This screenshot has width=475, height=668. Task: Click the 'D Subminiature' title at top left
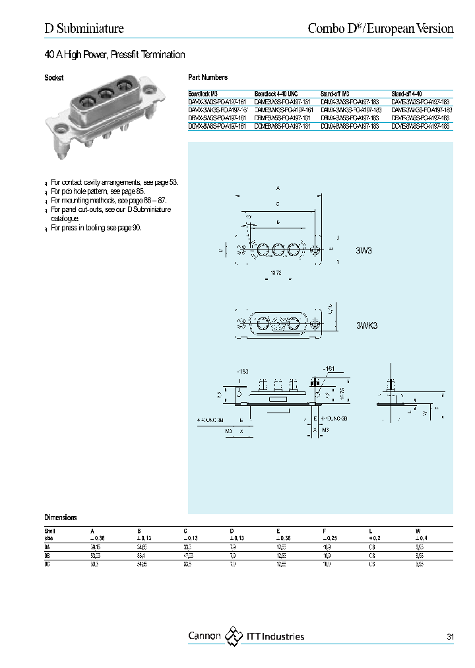(84, 28)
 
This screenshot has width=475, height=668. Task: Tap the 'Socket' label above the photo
(54, 78)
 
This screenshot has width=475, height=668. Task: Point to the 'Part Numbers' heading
(208, 78)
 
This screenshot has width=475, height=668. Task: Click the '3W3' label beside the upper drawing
(365, 250)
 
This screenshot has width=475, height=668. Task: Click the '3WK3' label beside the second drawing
(367, 325)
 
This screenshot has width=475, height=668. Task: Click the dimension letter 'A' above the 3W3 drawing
(278, 188)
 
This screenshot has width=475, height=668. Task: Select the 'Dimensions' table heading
(61, 518)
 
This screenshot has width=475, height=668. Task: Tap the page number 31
(450, 637)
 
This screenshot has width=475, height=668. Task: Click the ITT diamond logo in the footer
(234, 636)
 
